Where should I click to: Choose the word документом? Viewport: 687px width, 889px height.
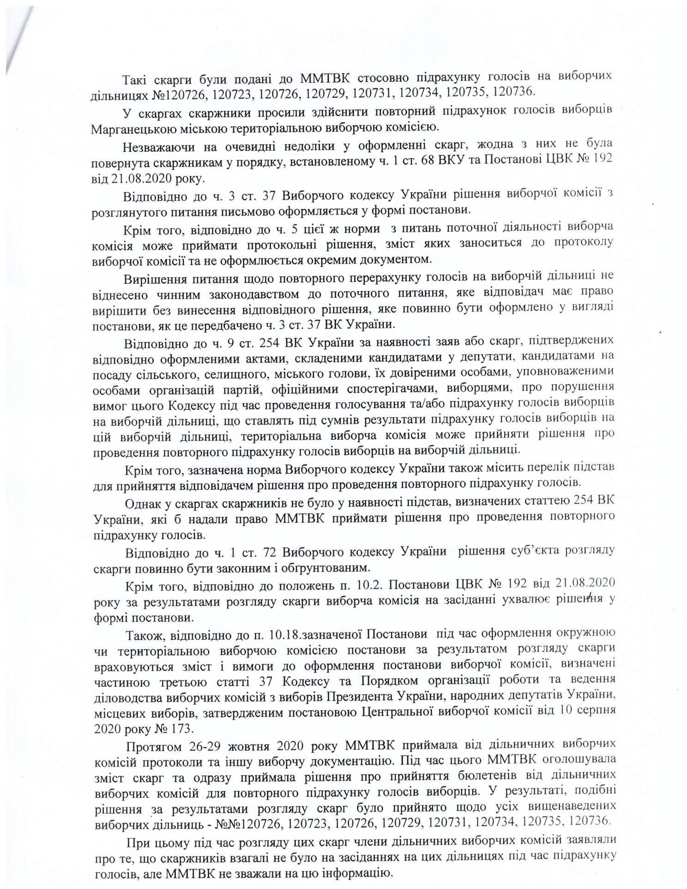(396, 259)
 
